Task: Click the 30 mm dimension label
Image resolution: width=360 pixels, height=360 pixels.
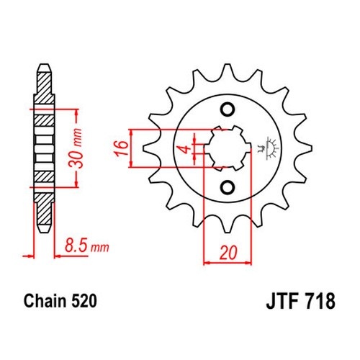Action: (76, 148)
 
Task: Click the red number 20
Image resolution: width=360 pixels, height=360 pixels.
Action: (228, 253)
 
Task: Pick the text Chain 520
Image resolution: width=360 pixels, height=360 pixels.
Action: (60, 301)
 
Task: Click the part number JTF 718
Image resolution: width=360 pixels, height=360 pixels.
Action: (300, 301)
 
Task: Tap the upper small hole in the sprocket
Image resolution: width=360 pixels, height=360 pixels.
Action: (228, 109)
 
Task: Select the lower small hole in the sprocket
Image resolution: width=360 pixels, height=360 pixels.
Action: (228, 187)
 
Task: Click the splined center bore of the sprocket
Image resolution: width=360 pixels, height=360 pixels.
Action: (228, 148)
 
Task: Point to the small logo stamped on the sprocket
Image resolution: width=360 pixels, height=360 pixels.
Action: (269, 148)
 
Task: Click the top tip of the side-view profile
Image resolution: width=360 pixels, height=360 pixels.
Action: (45, 64)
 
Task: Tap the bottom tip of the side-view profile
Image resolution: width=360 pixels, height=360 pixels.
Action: (45, 232)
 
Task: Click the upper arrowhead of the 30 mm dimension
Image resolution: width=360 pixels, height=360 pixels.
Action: (76, 112)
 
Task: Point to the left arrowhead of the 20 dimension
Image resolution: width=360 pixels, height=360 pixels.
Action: (207, 263)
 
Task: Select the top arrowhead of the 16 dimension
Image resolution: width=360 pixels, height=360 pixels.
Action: (131, 133)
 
